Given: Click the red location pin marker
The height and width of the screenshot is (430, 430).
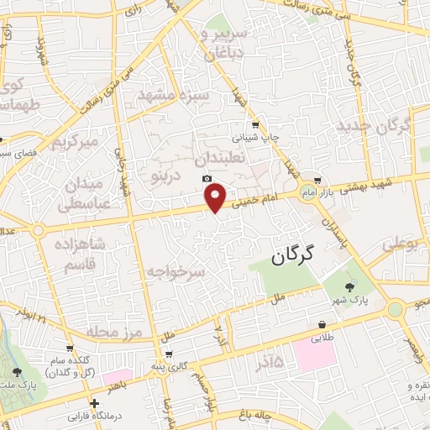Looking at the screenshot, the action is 216,197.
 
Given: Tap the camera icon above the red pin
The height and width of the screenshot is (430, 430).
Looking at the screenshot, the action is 207,178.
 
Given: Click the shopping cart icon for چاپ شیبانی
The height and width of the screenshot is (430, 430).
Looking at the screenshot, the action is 256,123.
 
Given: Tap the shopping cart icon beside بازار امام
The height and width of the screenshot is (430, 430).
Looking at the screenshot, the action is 317,181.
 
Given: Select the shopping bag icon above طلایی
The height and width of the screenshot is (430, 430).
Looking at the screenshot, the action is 322,325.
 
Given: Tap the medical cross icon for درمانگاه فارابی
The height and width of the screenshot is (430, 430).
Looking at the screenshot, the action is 94,404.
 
